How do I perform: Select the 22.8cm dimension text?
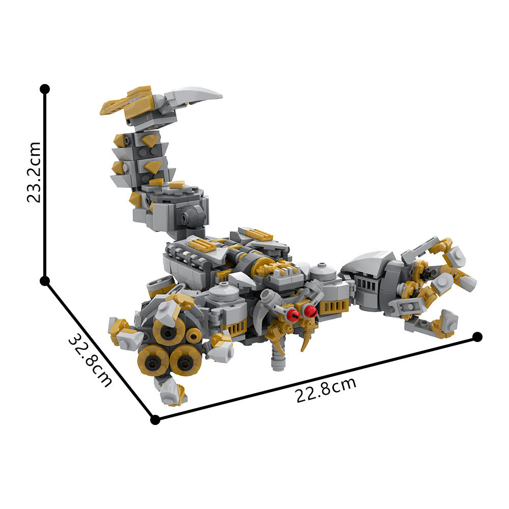326,390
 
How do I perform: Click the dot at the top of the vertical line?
45,89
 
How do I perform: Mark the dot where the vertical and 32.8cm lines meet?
45,281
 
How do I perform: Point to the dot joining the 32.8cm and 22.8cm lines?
155,419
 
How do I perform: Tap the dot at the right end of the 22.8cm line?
477,336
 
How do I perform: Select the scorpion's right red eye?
309,310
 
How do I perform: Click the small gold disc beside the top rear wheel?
194,336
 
